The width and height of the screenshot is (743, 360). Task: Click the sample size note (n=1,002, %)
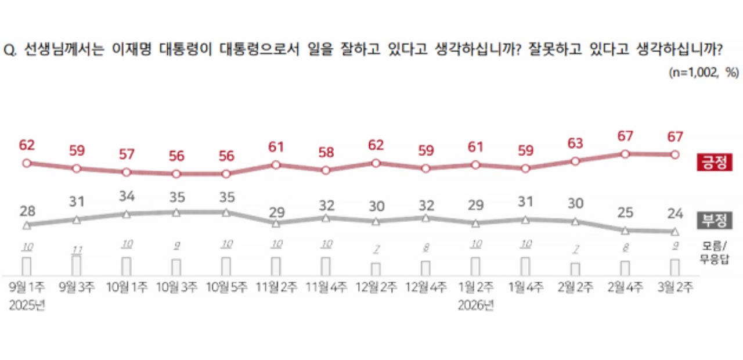click(x=703, y=72)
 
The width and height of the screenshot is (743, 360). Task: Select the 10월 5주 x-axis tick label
click(x=226, y=287)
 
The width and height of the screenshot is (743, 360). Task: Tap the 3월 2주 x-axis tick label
click(x=675, y=287)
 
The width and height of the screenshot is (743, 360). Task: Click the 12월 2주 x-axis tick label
click(x=376, y=287)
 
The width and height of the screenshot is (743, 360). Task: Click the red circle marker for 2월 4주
click(x=625, y=154)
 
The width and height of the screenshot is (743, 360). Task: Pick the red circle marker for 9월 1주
click(x=26, y=163)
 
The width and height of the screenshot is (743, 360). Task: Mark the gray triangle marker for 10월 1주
click(x=126, y=214)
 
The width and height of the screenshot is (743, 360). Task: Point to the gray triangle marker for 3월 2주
click(x=675, y=232)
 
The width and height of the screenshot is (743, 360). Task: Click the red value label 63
click(x=575, y=143)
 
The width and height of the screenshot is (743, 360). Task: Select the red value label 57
click(x=126, y=154)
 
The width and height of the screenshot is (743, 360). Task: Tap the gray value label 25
click(x=625, y=213)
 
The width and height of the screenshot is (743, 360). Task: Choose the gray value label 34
click(x=126, y=196)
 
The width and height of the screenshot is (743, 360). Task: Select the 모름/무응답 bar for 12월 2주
click(x=376, y=269)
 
